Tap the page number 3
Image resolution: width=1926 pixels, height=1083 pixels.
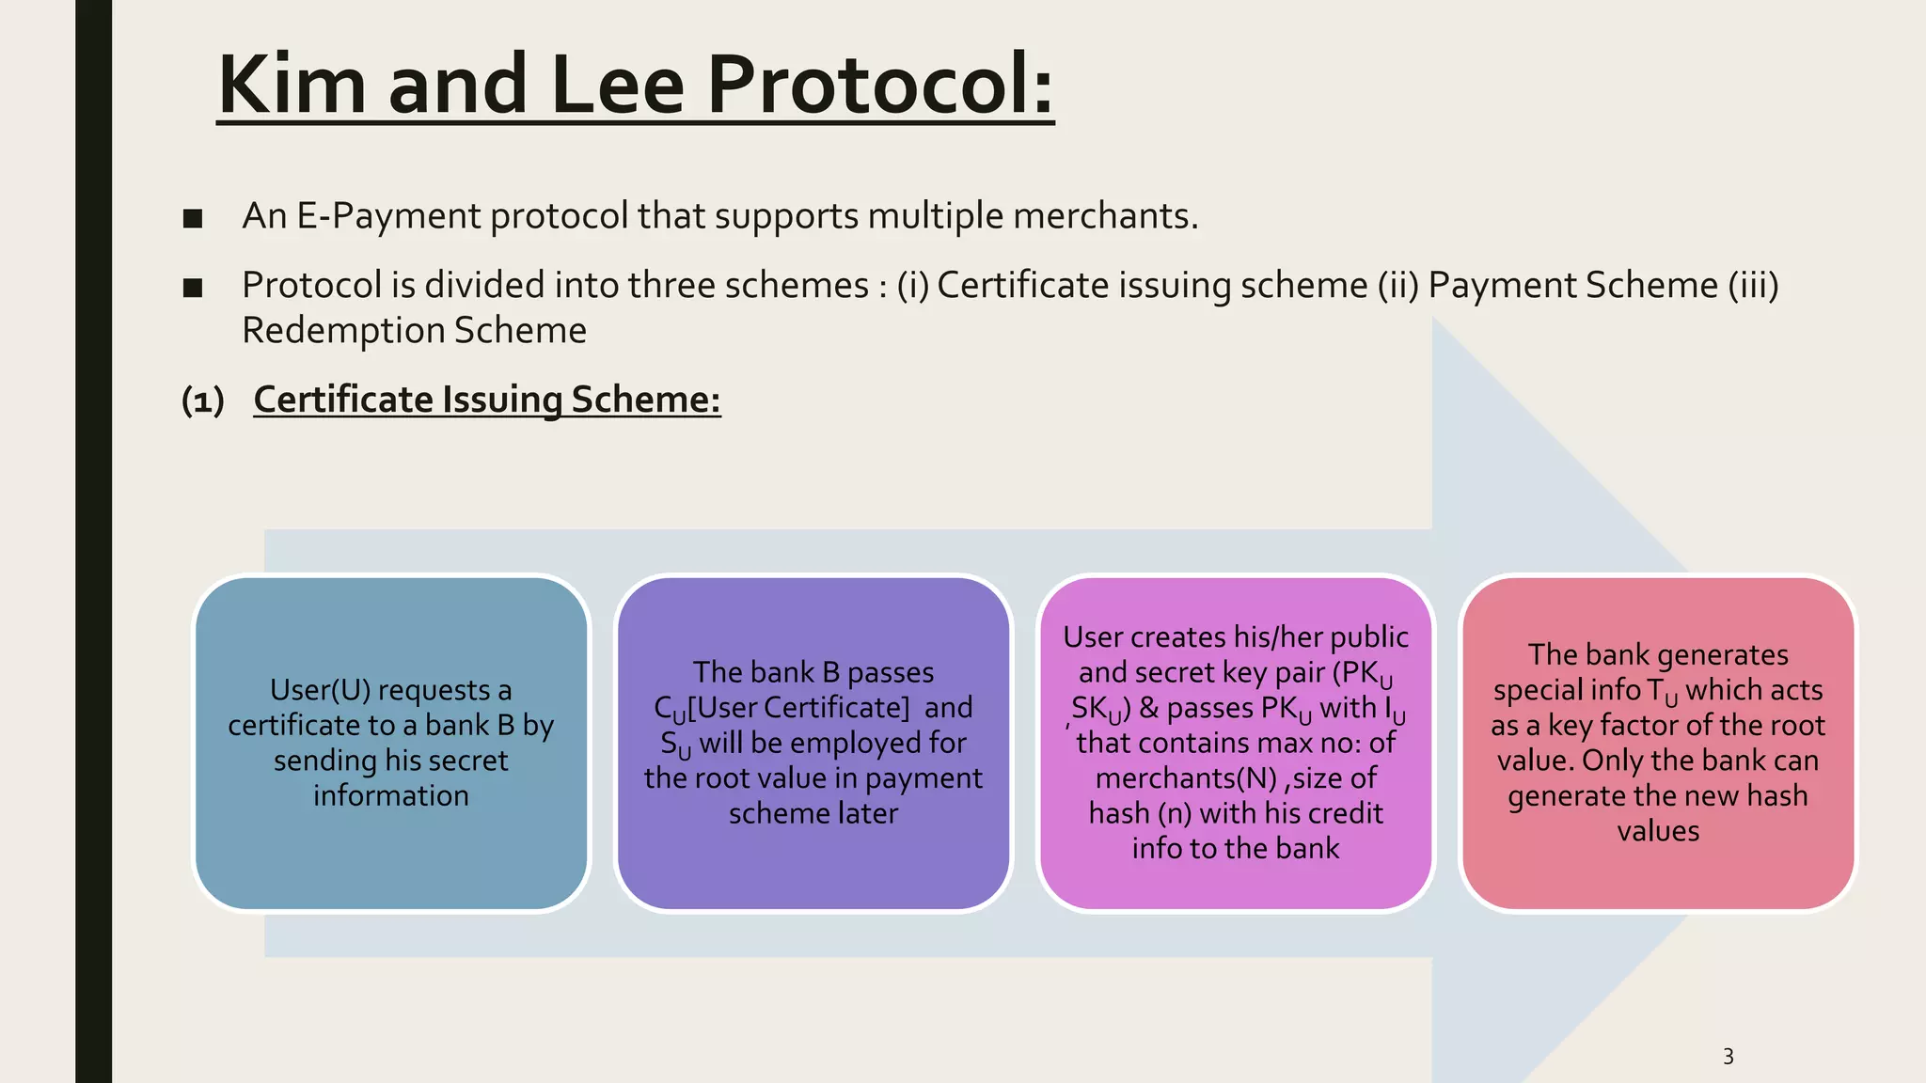pos(1728,1057)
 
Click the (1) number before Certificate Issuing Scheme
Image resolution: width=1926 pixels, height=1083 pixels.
pos(202,400)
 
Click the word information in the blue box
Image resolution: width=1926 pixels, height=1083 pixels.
pos(391,796)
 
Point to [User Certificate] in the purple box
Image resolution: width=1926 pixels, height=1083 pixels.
pos(798,708)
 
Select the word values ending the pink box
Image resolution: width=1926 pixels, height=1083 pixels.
pos(1658,831)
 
